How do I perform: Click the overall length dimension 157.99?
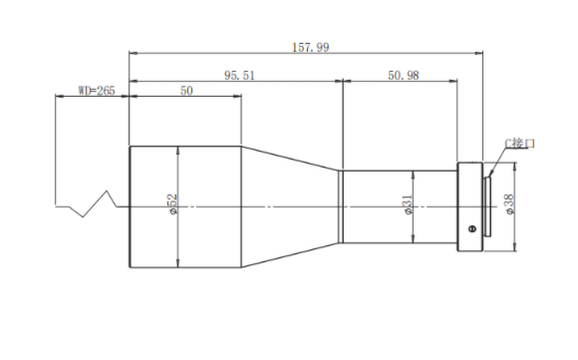tap(310, 47)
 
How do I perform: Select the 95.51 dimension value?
tap(239, 75)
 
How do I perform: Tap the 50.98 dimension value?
tap(404, 75)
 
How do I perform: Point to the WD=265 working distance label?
tap(97, 91)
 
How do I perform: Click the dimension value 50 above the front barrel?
tap(186, 91)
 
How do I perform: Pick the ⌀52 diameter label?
tap(172, 204)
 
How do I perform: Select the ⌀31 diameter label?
tap(408, 204)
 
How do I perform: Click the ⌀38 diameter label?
tap(510, 204)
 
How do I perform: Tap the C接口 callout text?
tap(519, 144)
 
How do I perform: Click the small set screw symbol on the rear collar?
tap(472, 228)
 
